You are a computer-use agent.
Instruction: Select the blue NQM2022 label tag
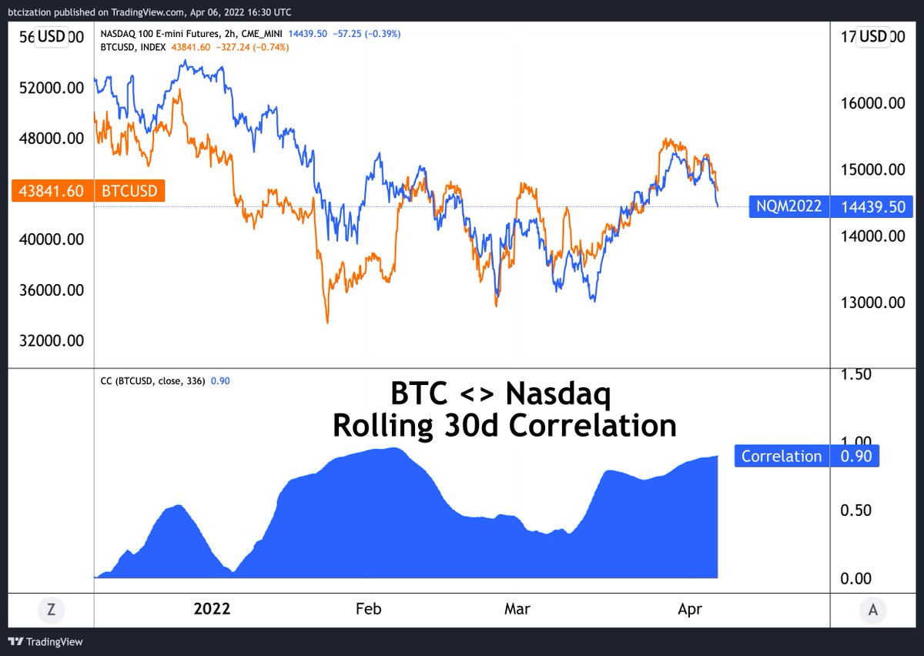(x=788, y=206)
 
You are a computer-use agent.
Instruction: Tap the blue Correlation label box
(x=782, y=457)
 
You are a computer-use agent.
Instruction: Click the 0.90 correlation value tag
(x=854, y=457)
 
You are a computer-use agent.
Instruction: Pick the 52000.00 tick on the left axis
(x=51, y=88)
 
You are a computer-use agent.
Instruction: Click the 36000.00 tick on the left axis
(x=51, y=290)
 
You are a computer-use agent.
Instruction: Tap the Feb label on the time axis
(x=369, y=609)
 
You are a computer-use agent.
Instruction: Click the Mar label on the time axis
(x=517, y=609)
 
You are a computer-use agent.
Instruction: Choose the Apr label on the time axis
(x=691, y=609)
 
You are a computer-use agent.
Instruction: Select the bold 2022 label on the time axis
(x=212, y=609)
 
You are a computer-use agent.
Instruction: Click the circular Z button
(x=51, y=610)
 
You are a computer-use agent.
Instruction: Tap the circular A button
(x=872, y=610)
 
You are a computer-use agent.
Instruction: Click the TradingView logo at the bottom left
(x=46, y=641)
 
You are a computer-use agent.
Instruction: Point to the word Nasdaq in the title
(x=557, y=395)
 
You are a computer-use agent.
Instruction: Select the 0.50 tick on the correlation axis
(x=856, y=510)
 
